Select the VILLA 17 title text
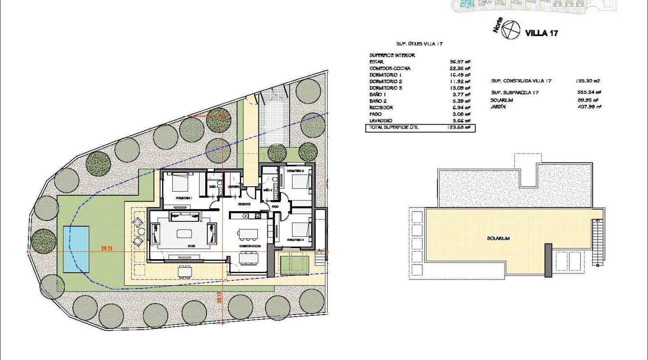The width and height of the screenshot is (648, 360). coord(542,33)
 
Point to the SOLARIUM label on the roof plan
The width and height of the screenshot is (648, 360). coord(498,238)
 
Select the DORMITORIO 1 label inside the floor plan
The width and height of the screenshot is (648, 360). coord(184,198)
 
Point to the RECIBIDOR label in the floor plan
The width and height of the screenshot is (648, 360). coord(244,204)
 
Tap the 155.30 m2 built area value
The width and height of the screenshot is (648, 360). coord(588,81)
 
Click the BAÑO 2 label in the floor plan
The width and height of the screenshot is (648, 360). coord(267,190)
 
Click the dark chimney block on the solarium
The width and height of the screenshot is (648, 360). coord(548,261)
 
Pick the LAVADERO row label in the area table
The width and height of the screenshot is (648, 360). coord(381,121)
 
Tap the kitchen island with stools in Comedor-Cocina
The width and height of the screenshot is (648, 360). coord(248,234)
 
